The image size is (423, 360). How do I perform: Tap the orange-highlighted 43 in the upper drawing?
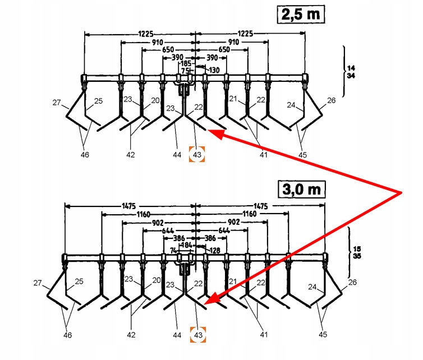click(197, 154)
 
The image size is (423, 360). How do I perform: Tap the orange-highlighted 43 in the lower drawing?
click(197, 334)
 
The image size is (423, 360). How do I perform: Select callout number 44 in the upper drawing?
click(177, 154)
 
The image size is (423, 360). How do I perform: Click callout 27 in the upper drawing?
click(56, 103)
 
